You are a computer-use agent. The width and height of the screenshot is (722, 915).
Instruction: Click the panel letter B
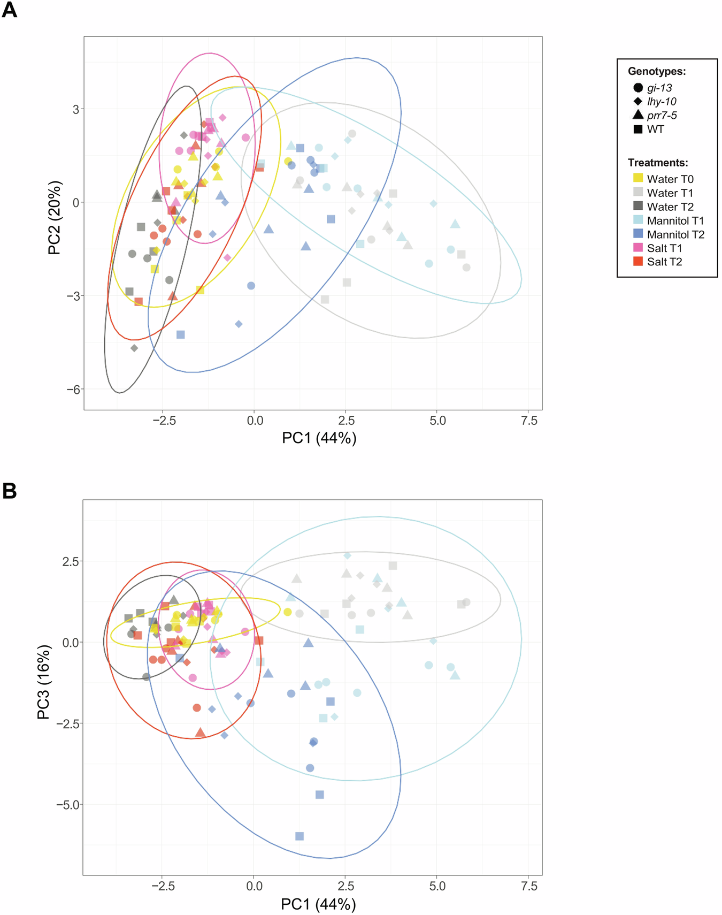click(9, 491)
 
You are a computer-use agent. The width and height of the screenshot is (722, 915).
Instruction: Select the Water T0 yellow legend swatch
click(637, 178)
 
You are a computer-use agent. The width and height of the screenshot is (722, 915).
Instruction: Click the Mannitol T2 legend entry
click(675, 234)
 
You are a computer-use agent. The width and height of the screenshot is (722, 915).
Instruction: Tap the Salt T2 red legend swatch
click(637, 261)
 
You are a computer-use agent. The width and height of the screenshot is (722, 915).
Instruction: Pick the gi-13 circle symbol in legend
click(637, 88)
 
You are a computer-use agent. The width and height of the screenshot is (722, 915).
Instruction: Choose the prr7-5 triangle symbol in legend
click(637, 115)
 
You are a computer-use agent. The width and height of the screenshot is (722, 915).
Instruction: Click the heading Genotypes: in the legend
click(656, 71)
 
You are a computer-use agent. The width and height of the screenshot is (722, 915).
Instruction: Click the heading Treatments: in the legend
click(657, 163)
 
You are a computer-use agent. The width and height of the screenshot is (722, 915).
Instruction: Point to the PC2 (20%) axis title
click(55, 218)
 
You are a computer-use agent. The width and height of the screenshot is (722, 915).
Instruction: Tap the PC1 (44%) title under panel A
click(319, 438)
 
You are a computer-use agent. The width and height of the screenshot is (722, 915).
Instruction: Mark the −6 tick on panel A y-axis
click(72, 389)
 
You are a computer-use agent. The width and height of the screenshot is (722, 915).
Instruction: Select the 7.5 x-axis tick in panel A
click(528, 421)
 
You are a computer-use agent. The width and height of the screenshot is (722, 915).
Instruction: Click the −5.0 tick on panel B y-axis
click(67, 804)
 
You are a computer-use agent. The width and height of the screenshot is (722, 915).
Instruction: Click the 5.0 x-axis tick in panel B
click(437, 886)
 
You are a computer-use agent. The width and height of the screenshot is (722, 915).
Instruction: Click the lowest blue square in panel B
click(299, 836)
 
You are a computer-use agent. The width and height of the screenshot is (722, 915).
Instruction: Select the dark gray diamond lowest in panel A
click(134, 348)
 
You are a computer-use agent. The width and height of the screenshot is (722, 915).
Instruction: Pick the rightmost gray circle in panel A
click(466, 268)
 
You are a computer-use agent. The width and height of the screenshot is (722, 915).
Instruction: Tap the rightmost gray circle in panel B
click(466, 603)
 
